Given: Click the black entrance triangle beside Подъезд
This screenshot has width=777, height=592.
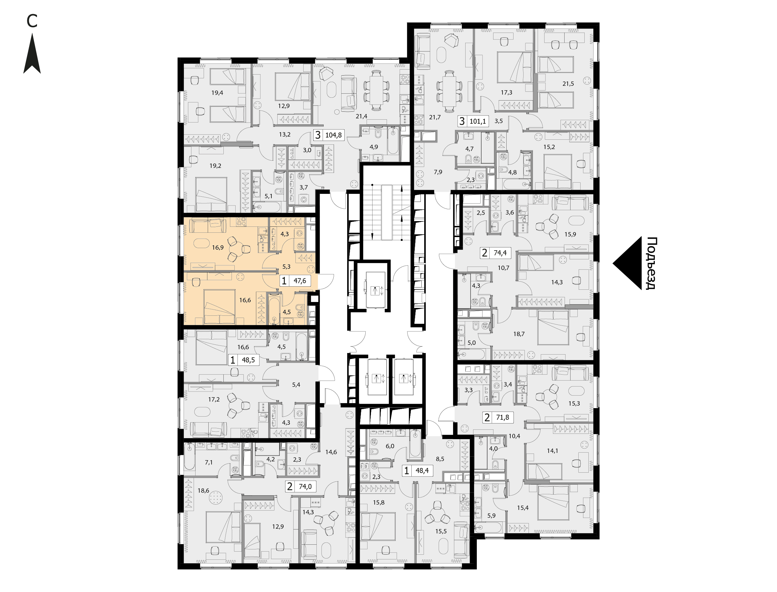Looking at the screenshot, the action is coord(628,263).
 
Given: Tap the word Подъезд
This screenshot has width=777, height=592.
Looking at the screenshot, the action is coord(652,263).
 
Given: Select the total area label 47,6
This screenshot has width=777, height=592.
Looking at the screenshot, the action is coord(300,281).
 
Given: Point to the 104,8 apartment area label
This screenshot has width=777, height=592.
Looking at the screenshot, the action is coord(333,135).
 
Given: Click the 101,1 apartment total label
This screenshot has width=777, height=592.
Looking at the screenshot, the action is coord(477,122).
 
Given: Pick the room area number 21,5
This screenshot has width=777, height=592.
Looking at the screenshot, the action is coord(568,84).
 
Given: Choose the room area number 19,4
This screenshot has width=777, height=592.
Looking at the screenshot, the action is coord(217,93).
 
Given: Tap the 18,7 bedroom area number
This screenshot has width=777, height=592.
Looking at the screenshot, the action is coord(519,334).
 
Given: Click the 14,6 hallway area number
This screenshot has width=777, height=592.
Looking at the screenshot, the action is coord(331,452).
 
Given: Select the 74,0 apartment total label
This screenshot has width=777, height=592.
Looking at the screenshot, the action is coord(305,487).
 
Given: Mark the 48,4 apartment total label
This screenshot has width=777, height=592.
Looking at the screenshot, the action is coord(422,470).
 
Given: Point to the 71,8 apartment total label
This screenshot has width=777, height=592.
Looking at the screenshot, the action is coord(503,418).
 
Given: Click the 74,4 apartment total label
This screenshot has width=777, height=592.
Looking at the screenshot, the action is coord(500,253).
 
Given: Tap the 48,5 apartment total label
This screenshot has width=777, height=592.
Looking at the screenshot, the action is coord(248,360).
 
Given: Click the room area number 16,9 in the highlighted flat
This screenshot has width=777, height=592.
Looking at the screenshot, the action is coord(218,248).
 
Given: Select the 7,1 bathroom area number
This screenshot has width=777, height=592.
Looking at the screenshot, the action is coord(209,462).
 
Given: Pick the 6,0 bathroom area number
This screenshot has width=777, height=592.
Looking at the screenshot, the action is coord(390,446).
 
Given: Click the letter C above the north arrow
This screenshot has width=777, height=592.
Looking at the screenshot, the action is coord(32,21).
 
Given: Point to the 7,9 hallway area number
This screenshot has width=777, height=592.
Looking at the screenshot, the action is coord(438,172).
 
